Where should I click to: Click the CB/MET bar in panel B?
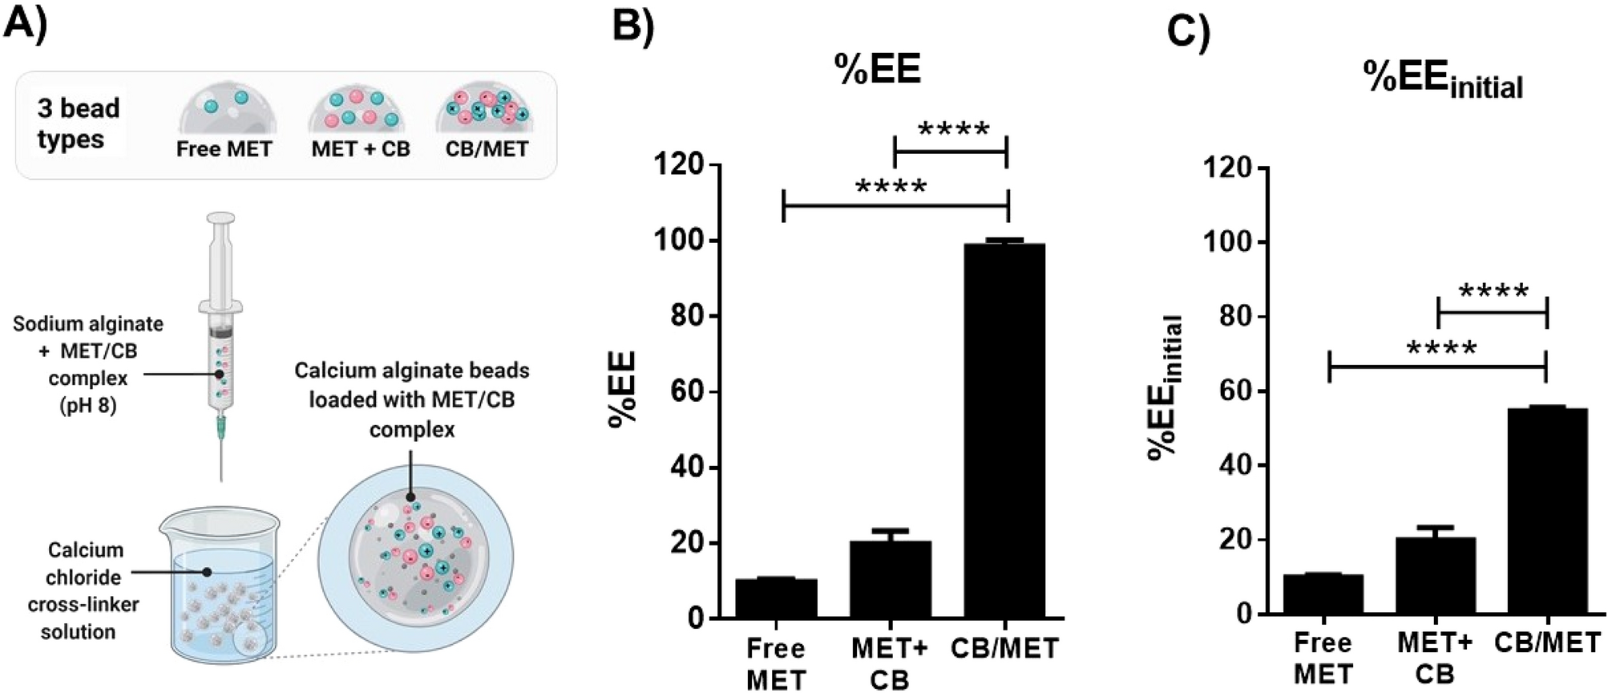click(x=1004, y=430)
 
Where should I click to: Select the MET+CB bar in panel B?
click(x=891, y=579)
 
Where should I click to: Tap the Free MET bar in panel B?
click(x=776, y=598)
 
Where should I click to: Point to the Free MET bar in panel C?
click(x=1323, y=594)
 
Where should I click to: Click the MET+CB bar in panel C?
click(x=1435, y=575)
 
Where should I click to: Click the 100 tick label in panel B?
click(x=679, y=241)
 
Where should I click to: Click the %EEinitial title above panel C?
click(x=1443, y=80)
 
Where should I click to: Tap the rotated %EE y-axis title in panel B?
click(x=623, y=390)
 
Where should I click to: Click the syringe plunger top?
click(x=220, y=217)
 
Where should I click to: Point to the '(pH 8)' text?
click(x=88, y=406)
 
